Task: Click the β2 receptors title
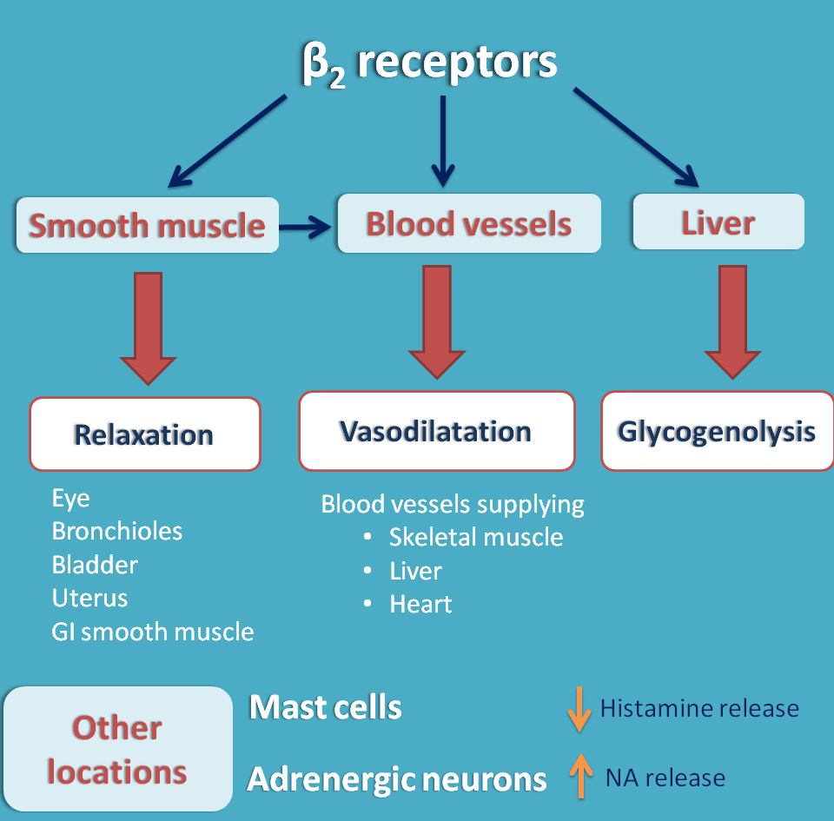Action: [429, 63]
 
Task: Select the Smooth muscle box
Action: [147, 226]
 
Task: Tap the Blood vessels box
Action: [468, 223]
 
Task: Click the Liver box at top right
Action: [718, 222]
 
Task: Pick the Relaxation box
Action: [144, 434]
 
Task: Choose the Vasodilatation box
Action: [436, 431]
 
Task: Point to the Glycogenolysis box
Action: [717, 432]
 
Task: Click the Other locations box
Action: [117, 749]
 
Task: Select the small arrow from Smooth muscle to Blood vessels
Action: [306, 228]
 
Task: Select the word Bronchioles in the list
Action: [117, 531]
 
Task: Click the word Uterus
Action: [89, 598]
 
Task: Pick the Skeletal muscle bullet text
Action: [475, 537]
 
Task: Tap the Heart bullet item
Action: [420, 604]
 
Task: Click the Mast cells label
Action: [326, 708]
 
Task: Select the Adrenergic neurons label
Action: [397, 779]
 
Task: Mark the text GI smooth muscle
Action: [153, 632]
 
